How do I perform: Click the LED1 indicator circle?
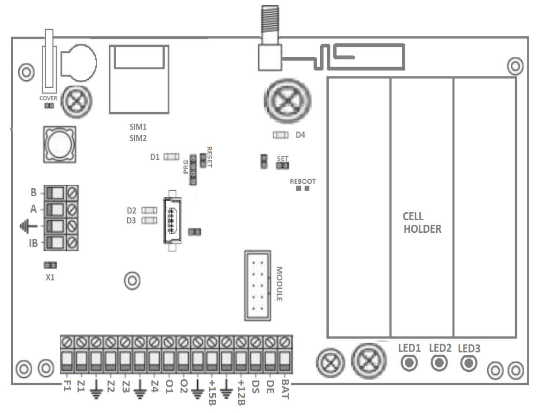click(409, 362)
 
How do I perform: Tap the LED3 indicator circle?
click(468, 363)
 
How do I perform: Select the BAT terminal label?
click(285, 389)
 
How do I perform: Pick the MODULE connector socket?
click(257, 286)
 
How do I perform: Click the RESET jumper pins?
click(203, 161)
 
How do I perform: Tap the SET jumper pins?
click(282, 165)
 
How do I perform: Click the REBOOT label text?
click(302, 181)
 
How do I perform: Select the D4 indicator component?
click(280, 135)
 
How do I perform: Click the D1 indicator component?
click(171, 156)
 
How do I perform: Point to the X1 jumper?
click(50, 265)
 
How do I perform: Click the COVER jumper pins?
click(48, 106)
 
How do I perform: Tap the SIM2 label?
click(138, 138)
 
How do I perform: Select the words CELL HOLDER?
click(422, 223)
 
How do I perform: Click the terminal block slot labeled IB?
click(56, 243)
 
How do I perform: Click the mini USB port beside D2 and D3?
click(172, 220)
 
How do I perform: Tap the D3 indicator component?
click(149, 221)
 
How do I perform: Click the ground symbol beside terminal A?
click(28, 226)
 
